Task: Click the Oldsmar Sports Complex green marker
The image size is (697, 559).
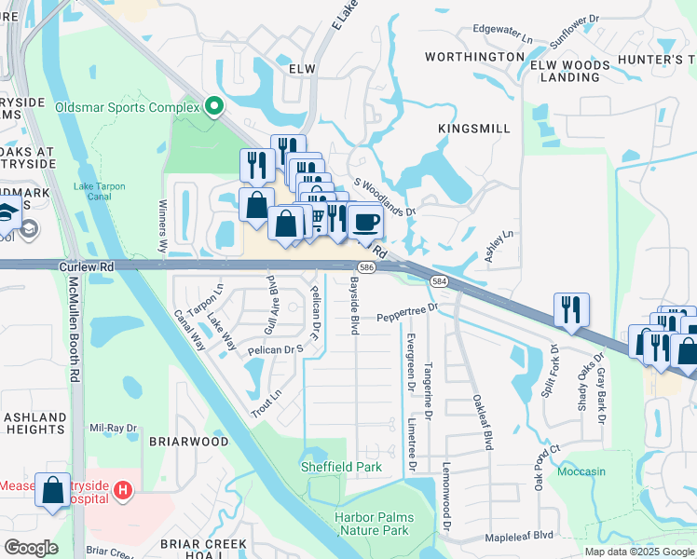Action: pyautogui.click(x=214, y=107)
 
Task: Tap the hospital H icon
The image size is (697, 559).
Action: pyautogui.click(x=122, y=489)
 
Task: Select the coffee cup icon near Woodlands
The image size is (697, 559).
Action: pyautogui.click(x=367, y=223)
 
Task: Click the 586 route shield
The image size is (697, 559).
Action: pyautogui.click(x=394, y=266)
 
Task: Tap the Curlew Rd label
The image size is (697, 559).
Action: pyautogui.click(x=86, y=266)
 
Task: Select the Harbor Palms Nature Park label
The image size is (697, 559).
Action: pyautogui.click(x=372, y=524)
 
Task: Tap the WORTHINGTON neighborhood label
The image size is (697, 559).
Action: pyautogui.click(x=474, y=57)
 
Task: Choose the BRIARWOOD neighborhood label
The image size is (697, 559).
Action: pyautogui.click(x=187, y=442)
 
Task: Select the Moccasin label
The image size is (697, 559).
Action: pyautogui.click(x=581, y=471)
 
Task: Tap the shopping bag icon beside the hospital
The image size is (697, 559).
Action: pyautogui.click(x=53, y=487)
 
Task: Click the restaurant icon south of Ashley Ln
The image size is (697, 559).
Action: pyautogui.click(x=570, y=308)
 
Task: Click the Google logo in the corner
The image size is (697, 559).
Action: pyautogui.click(x=31, y=548)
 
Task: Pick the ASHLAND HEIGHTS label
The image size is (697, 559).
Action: pyautogui.click(x=34, y=423)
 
